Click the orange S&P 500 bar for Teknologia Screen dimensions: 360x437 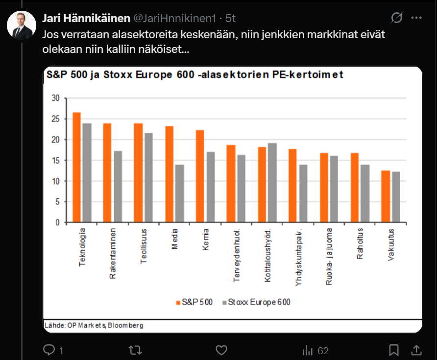pyautogui.click(x=76, y=167)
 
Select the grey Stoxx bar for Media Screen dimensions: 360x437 pyautogui.click(x=180, y=193)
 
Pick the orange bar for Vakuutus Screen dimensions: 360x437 pyautogui.click(x=386, y=196)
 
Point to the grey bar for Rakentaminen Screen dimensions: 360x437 pyautogui.click(x=118, y=187)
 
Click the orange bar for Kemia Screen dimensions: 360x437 pyautogui.click(x=200, y=176)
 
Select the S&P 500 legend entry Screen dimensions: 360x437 pyautogui.click(x=194, y=302)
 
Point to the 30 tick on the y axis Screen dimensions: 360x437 pyautogui.click(x=55, y=98)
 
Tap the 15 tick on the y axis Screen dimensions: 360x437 pyautogui.click(x=55, y=160)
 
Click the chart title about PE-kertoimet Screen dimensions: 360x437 pyautogui.click(x=194, y=75)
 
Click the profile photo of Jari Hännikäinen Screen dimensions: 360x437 pyautogui.click(x=21, y=25)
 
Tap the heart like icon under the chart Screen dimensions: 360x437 pyautogui.click(x=221, y=350)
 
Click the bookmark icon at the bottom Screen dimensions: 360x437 pyautogui.click(x=393, y=350)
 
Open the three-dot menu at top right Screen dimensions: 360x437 pyautogui.click(x=416, y=18)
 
